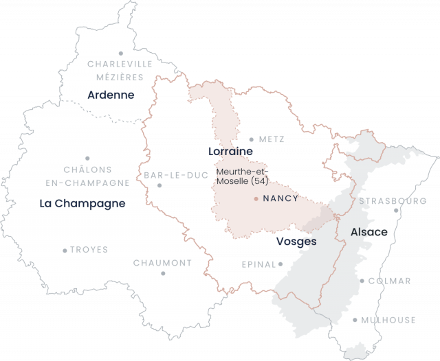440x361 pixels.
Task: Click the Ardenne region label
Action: click(x=111, y=95)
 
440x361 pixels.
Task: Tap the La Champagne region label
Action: click(x=82, y=203)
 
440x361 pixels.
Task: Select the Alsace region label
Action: click(x=369, y=232)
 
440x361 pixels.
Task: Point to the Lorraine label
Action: click(x=230, y=151)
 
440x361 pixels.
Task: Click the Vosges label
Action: click(x=297, y=242)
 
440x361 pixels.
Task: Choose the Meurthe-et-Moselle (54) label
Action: click(x=241, y=176)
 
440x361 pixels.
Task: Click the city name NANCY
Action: click(x=280, y=198)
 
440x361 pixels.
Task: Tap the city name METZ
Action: click(x=272, y=139)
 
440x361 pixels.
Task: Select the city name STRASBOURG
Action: click(x=393, y=201)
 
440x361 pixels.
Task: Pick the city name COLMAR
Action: click(x=390, y=281)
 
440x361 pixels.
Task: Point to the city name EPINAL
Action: click(x=258, y=264)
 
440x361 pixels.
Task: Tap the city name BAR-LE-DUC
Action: click(x=176, y=175)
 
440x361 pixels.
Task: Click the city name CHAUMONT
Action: click(x=163, y=263)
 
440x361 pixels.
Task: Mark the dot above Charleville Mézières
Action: click(x=120, y=53)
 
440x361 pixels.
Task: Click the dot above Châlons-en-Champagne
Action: click(x=87, y=158)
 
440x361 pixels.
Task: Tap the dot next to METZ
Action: click(x=252, y=139)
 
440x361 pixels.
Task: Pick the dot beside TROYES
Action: click(x=65, y=251)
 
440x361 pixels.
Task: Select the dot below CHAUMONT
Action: click(x=163, y=273)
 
